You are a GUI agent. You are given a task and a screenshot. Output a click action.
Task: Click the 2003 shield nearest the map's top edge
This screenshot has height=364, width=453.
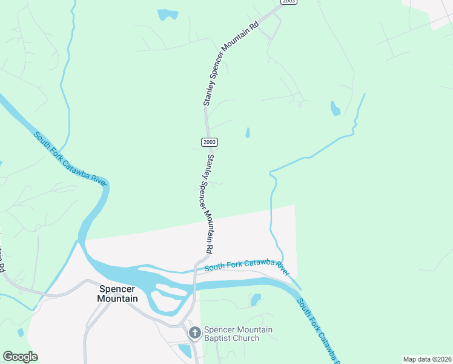(289, 2)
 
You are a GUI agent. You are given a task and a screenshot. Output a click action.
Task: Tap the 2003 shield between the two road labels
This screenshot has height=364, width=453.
(209, 142)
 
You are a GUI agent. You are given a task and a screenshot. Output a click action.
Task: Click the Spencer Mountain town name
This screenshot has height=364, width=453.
(118, 294)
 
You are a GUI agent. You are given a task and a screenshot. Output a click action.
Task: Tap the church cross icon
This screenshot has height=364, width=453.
(194, 332)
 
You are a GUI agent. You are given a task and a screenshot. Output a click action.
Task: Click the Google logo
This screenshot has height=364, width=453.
(20, 357)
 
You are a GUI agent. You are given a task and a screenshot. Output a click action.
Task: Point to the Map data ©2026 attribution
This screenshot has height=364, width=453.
(426, 359)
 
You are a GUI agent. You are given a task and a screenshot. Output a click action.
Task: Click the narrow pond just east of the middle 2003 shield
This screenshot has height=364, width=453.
(247, 132)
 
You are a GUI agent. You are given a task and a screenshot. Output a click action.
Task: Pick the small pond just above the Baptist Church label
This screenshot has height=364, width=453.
(256, 299)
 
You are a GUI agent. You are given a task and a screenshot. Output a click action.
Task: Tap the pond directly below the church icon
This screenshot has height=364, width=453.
(185, 351)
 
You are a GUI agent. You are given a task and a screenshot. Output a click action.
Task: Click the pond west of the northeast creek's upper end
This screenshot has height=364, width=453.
(335, 109)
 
